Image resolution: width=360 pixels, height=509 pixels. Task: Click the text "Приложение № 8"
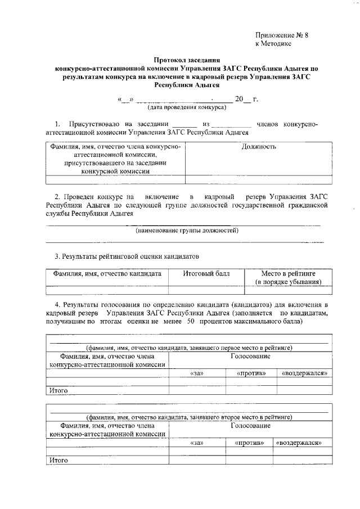click(282, 35)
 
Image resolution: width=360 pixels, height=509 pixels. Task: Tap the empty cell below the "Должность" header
click(258, 180)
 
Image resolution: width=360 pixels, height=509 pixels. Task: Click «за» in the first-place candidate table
click(197, 373)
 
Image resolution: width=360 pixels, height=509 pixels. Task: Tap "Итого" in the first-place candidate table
click(58, 390)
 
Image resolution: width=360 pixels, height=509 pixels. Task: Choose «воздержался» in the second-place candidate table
click(299, 443)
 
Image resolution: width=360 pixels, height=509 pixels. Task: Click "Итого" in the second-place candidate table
click(58, 460)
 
